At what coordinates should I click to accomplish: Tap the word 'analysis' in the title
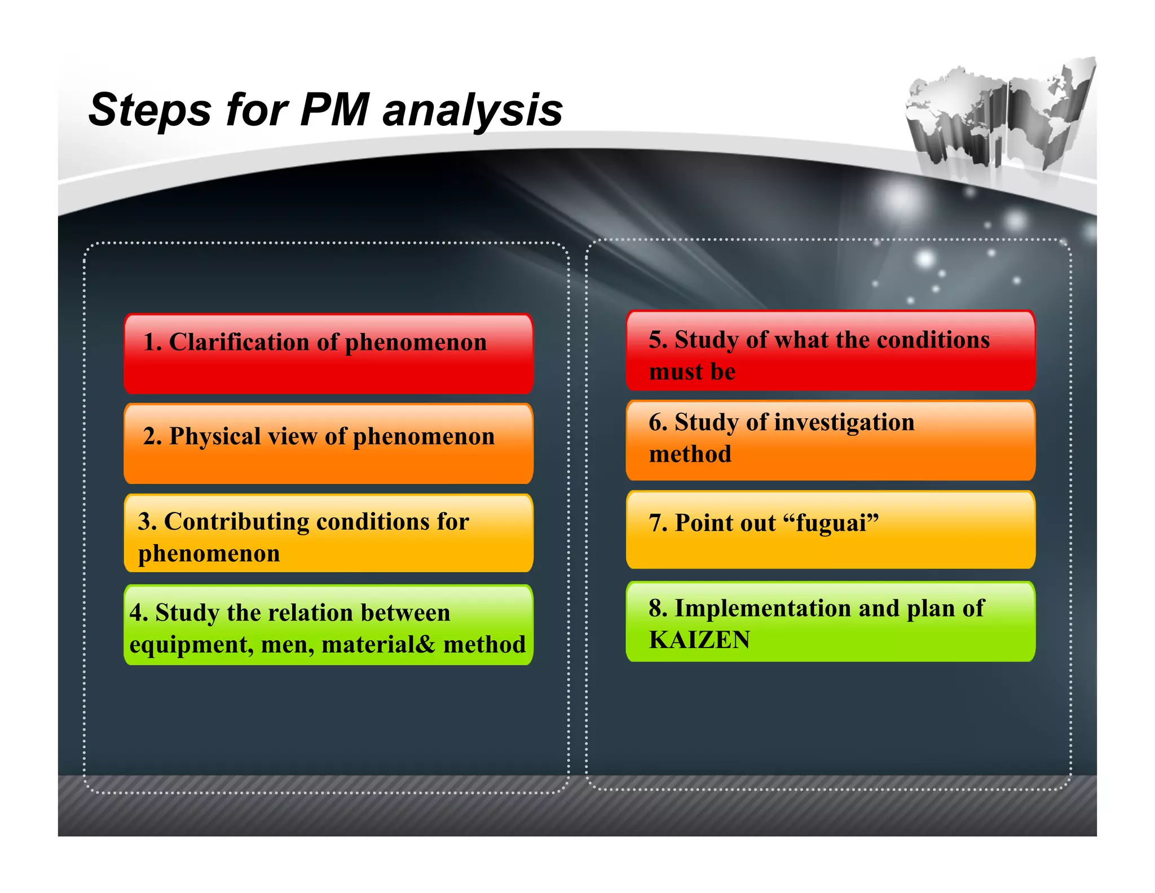[473, 111]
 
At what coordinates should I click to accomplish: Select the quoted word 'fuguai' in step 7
[830, 523]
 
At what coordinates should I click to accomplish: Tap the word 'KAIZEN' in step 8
[699, 640]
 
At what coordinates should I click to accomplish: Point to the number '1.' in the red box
[152, 342]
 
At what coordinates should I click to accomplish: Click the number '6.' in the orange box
[658, 422]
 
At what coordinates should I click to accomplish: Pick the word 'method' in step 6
[690, 454]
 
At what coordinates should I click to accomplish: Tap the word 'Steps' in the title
[149, 110]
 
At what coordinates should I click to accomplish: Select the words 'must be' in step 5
[692, 371]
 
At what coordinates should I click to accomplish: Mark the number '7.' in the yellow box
[658, 523]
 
